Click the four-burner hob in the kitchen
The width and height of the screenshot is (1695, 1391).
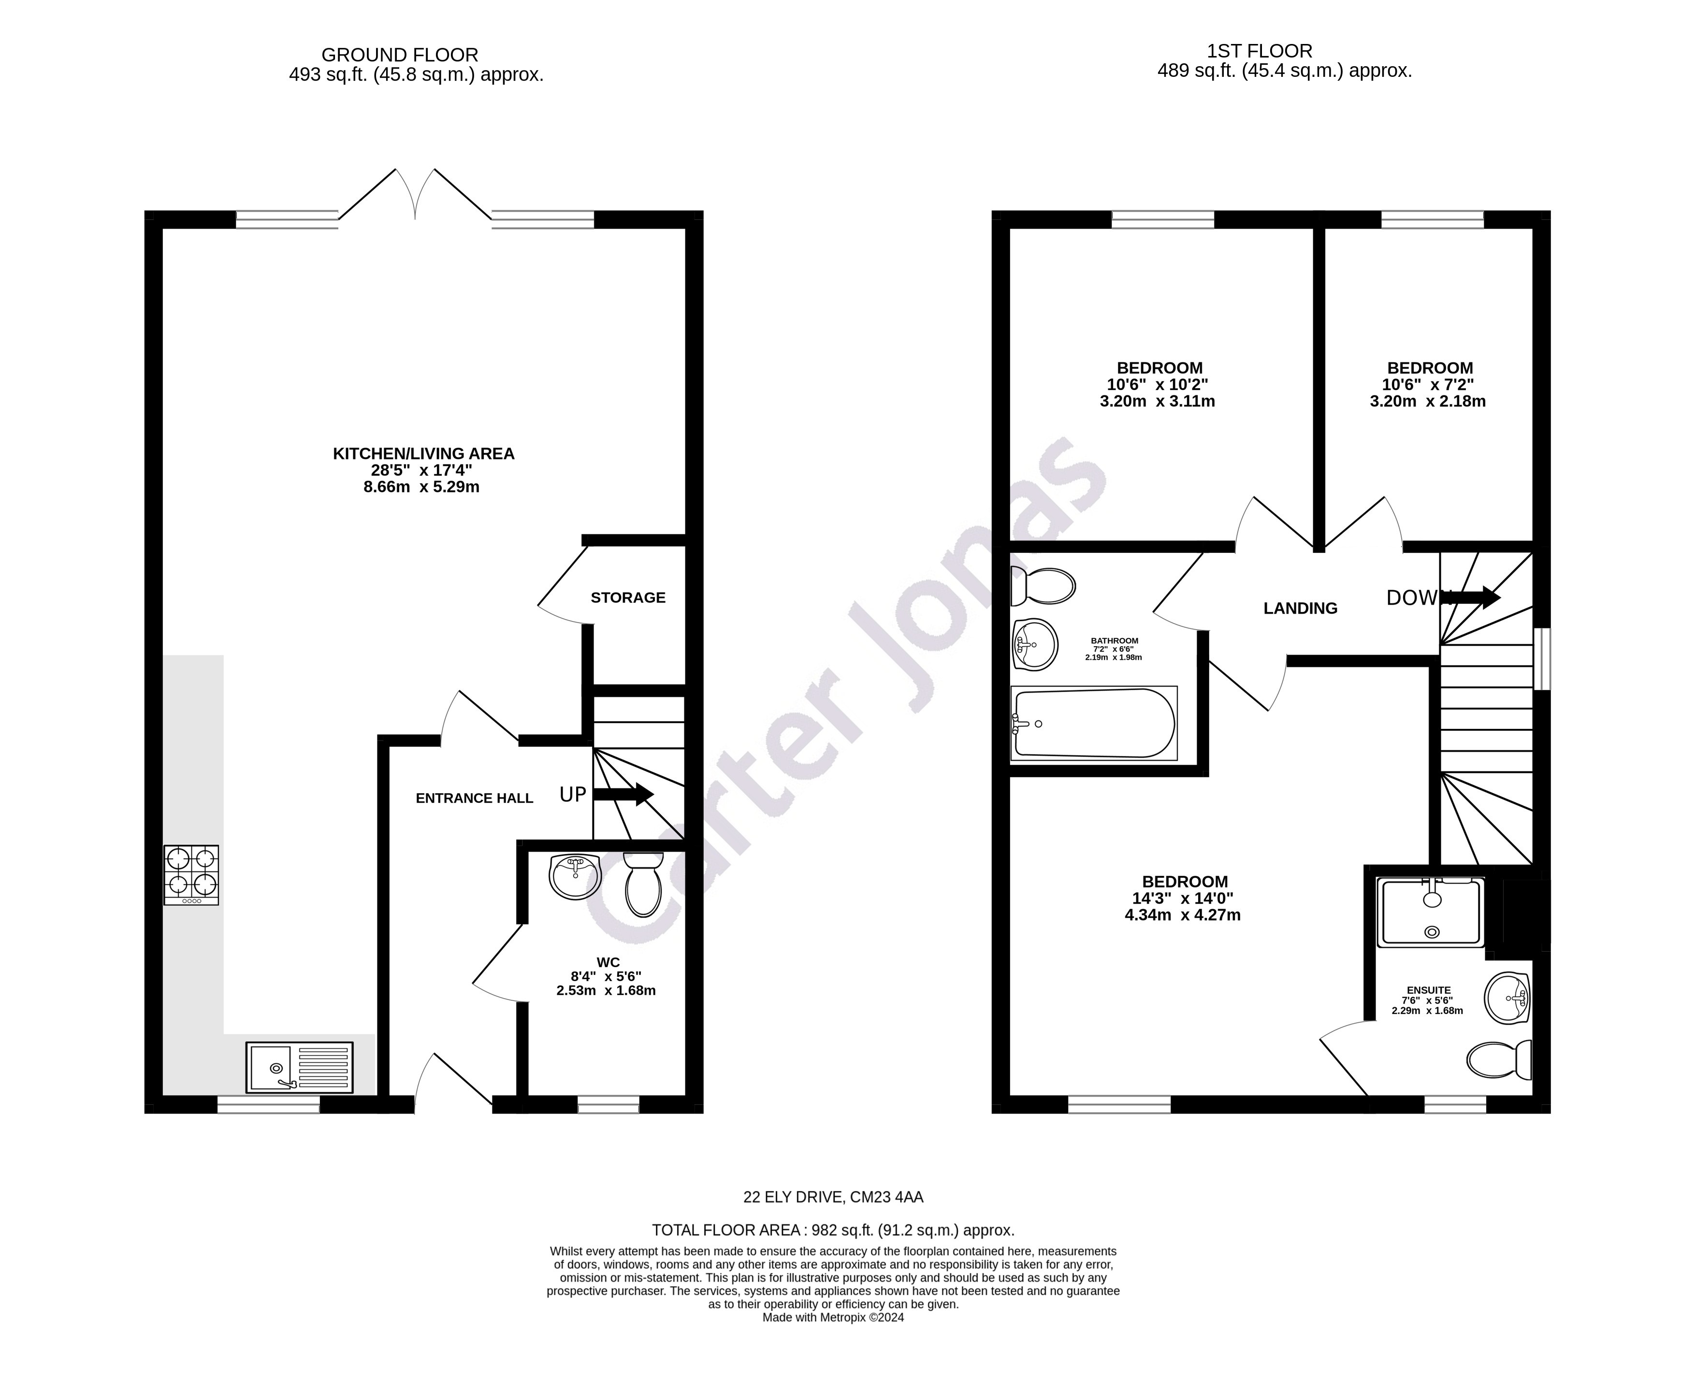pyautogui.click(x=190, y=874)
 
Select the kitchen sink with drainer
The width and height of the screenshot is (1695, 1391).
pyautogui.click(x=299, y=1067)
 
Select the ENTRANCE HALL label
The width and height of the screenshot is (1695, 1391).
pyautogui.click(x=474, y=798)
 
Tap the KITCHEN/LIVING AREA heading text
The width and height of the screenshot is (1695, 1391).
pyautogui.click(x=423, y=453)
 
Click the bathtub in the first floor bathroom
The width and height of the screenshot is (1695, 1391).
pyautogui.click(x=1093, y=723)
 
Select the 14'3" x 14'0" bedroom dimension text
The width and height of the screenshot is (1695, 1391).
pyautogui.click(x=1184, y=898)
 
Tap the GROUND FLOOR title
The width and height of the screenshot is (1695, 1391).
pyautogui.click(x=400, y=55)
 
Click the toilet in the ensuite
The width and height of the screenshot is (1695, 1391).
pyautogui.click(x=1498, y=1059)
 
